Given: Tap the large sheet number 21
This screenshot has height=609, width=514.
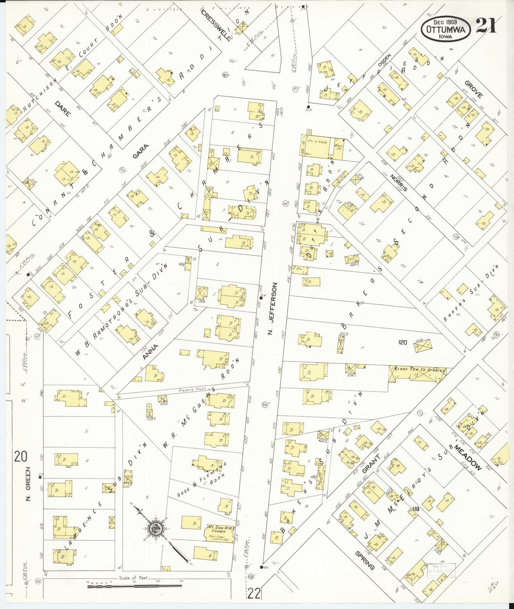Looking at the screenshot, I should (486, 26).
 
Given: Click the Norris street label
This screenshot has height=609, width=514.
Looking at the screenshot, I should (398, 182).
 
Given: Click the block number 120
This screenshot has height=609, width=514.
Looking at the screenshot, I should (403, 343).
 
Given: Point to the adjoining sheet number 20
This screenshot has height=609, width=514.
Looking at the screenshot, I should (21, 456).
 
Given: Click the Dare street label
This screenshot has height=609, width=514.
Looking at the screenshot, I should (63, 109).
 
